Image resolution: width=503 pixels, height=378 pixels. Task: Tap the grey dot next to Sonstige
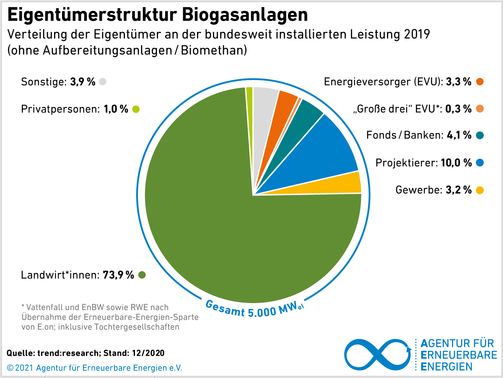point(103,82)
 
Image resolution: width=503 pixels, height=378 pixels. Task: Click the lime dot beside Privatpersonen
point(135,109)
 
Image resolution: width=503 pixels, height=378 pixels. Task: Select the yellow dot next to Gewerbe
point(480,190)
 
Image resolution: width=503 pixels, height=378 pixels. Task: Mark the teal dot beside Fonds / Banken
point(480,135)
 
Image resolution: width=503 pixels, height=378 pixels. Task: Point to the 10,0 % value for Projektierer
point(456,162)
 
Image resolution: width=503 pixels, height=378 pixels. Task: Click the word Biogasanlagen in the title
point(245,15)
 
